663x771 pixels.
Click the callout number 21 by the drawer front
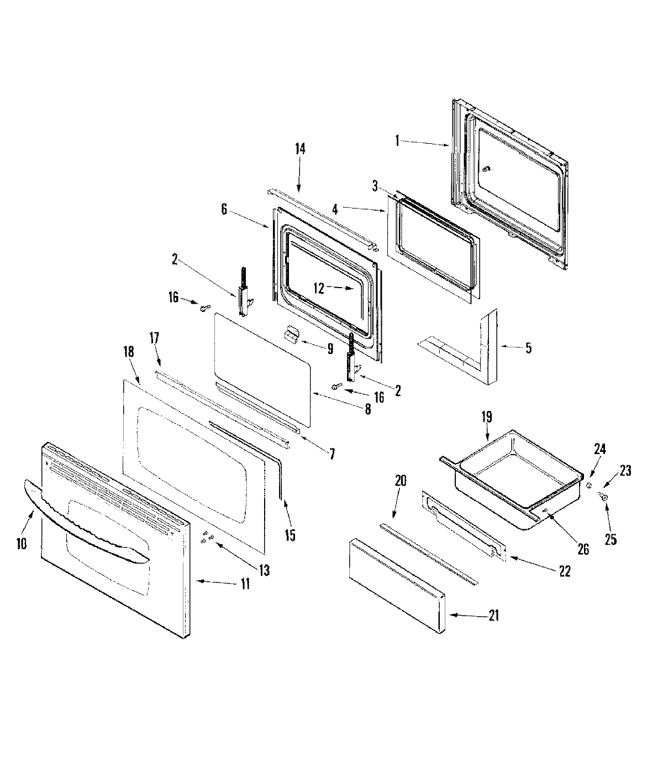493,615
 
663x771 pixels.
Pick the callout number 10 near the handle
21,544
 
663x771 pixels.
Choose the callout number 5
528,348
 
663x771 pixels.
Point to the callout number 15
290,535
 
